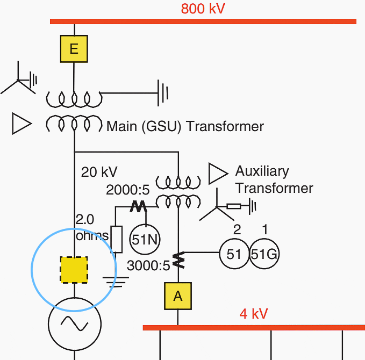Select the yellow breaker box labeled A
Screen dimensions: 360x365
177,296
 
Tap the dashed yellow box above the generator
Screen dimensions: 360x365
74,270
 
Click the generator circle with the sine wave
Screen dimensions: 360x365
74,323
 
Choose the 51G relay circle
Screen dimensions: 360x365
264,254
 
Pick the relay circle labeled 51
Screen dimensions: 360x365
234,254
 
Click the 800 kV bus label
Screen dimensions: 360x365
203,9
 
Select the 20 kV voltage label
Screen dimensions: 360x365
99,172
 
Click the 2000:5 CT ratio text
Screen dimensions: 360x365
128,190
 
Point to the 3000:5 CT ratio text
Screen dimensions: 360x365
148,265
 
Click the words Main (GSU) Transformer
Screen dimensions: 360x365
185,127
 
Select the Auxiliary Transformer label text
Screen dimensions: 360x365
274,179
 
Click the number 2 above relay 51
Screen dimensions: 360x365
237,229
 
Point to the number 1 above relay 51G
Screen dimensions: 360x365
264,229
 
